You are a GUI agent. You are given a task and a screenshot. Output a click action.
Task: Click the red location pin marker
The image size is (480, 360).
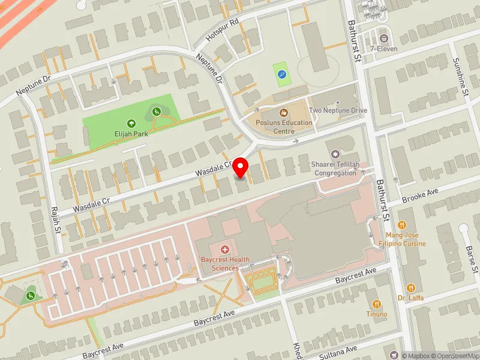point(241,167)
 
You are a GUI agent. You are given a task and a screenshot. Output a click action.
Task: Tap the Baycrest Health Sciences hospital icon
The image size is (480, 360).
point(225,249)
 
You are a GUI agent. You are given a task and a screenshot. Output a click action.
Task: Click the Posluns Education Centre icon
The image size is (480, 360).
point(283,112)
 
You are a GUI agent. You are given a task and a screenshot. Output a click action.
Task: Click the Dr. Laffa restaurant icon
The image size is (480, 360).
point(410,287)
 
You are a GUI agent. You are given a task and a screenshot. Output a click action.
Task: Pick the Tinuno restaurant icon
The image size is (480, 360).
point(376,304)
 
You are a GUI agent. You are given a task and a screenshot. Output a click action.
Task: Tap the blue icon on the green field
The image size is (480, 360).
point(281,75)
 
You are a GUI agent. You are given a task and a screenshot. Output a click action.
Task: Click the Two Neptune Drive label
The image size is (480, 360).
point(337,111)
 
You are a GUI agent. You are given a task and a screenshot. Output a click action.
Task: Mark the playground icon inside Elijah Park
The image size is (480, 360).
point(156,110)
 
